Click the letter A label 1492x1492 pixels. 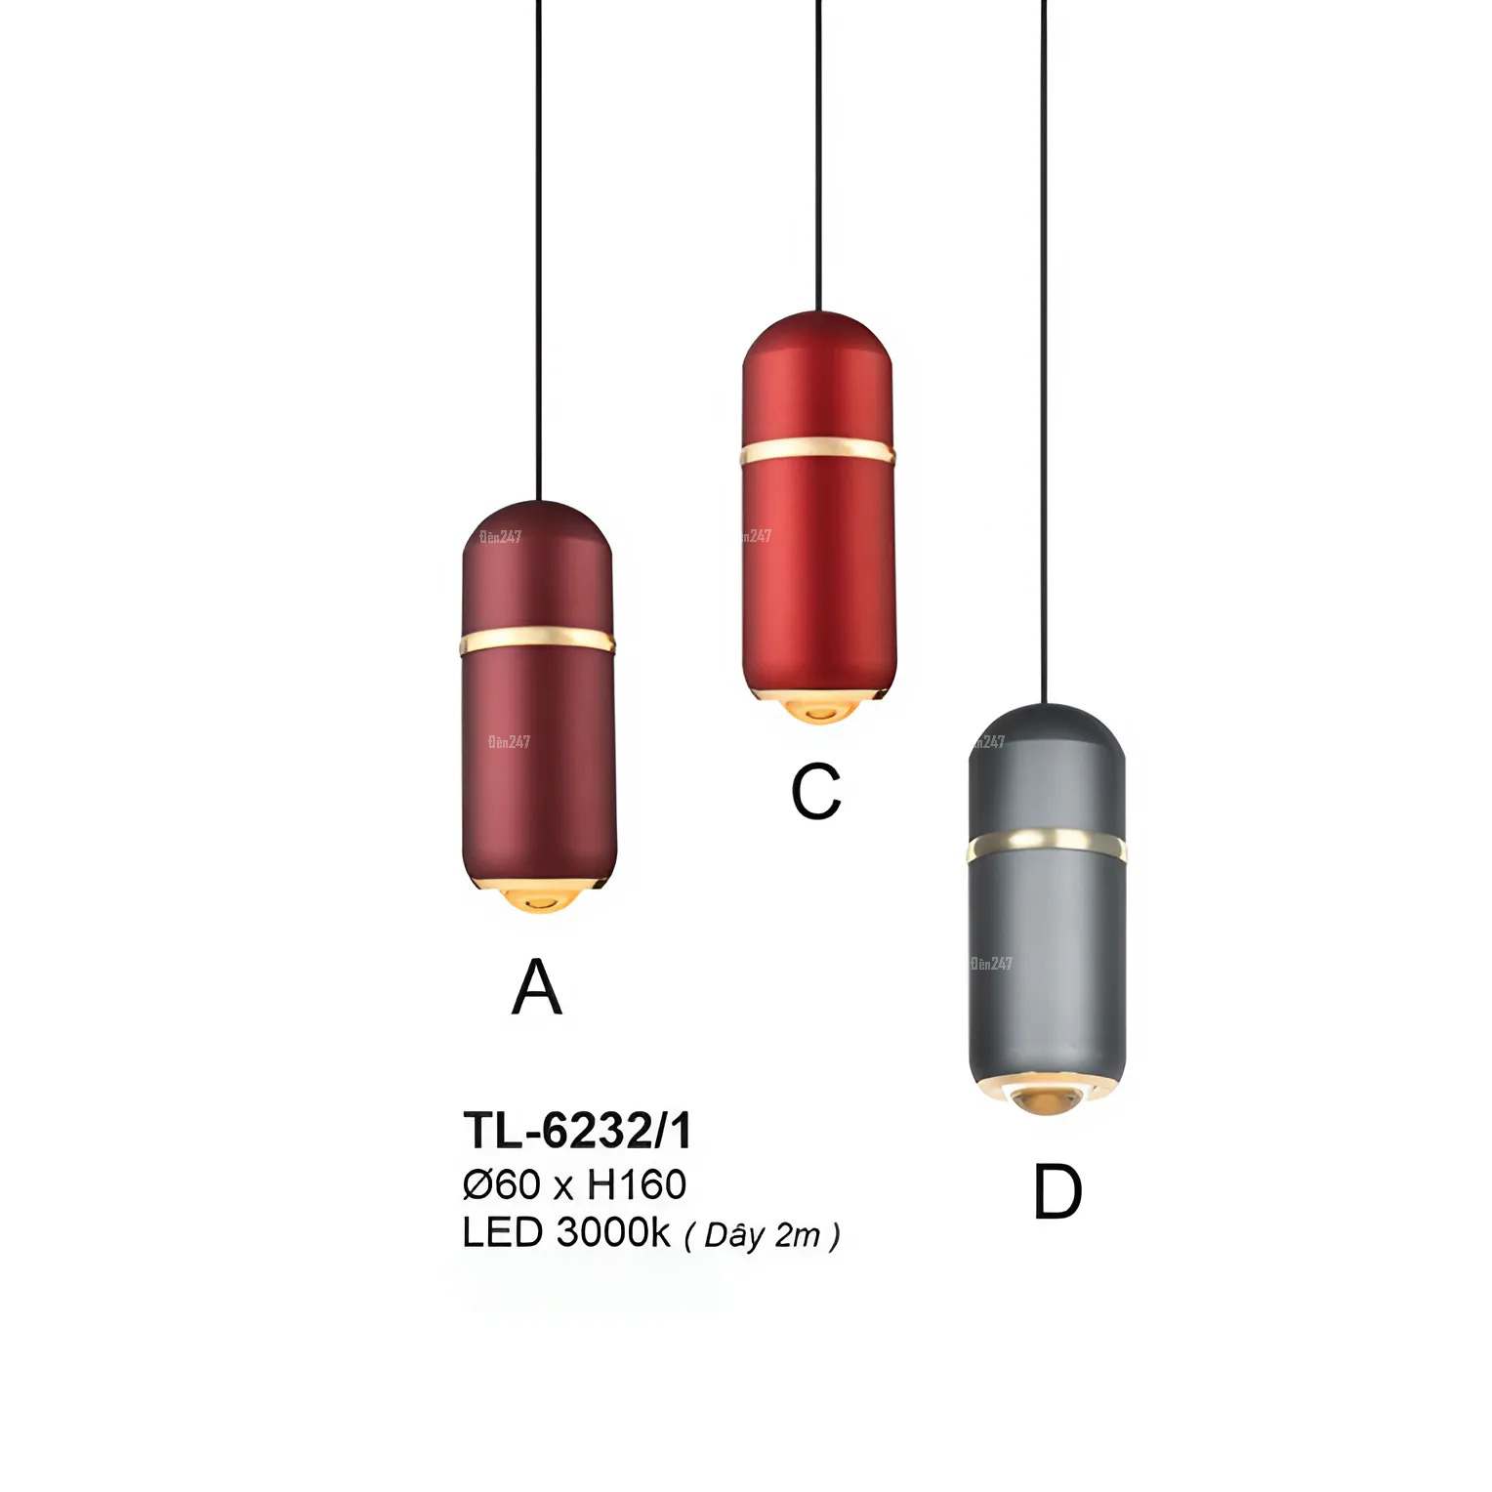pos(536,987)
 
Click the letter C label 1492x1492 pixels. pos(816,791)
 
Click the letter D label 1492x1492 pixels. pos(1057,1192)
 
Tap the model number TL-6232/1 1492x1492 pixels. pos(577,1131)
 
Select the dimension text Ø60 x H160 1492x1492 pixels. pos(574,1184)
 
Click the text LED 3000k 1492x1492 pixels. pos(565,1233)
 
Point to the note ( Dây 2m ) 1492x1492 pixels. pos(762,1236)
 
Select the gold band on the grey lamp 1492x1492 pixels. pos(1046,842)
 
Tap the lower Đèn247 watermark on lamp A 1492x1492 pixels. pos(509,742)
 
